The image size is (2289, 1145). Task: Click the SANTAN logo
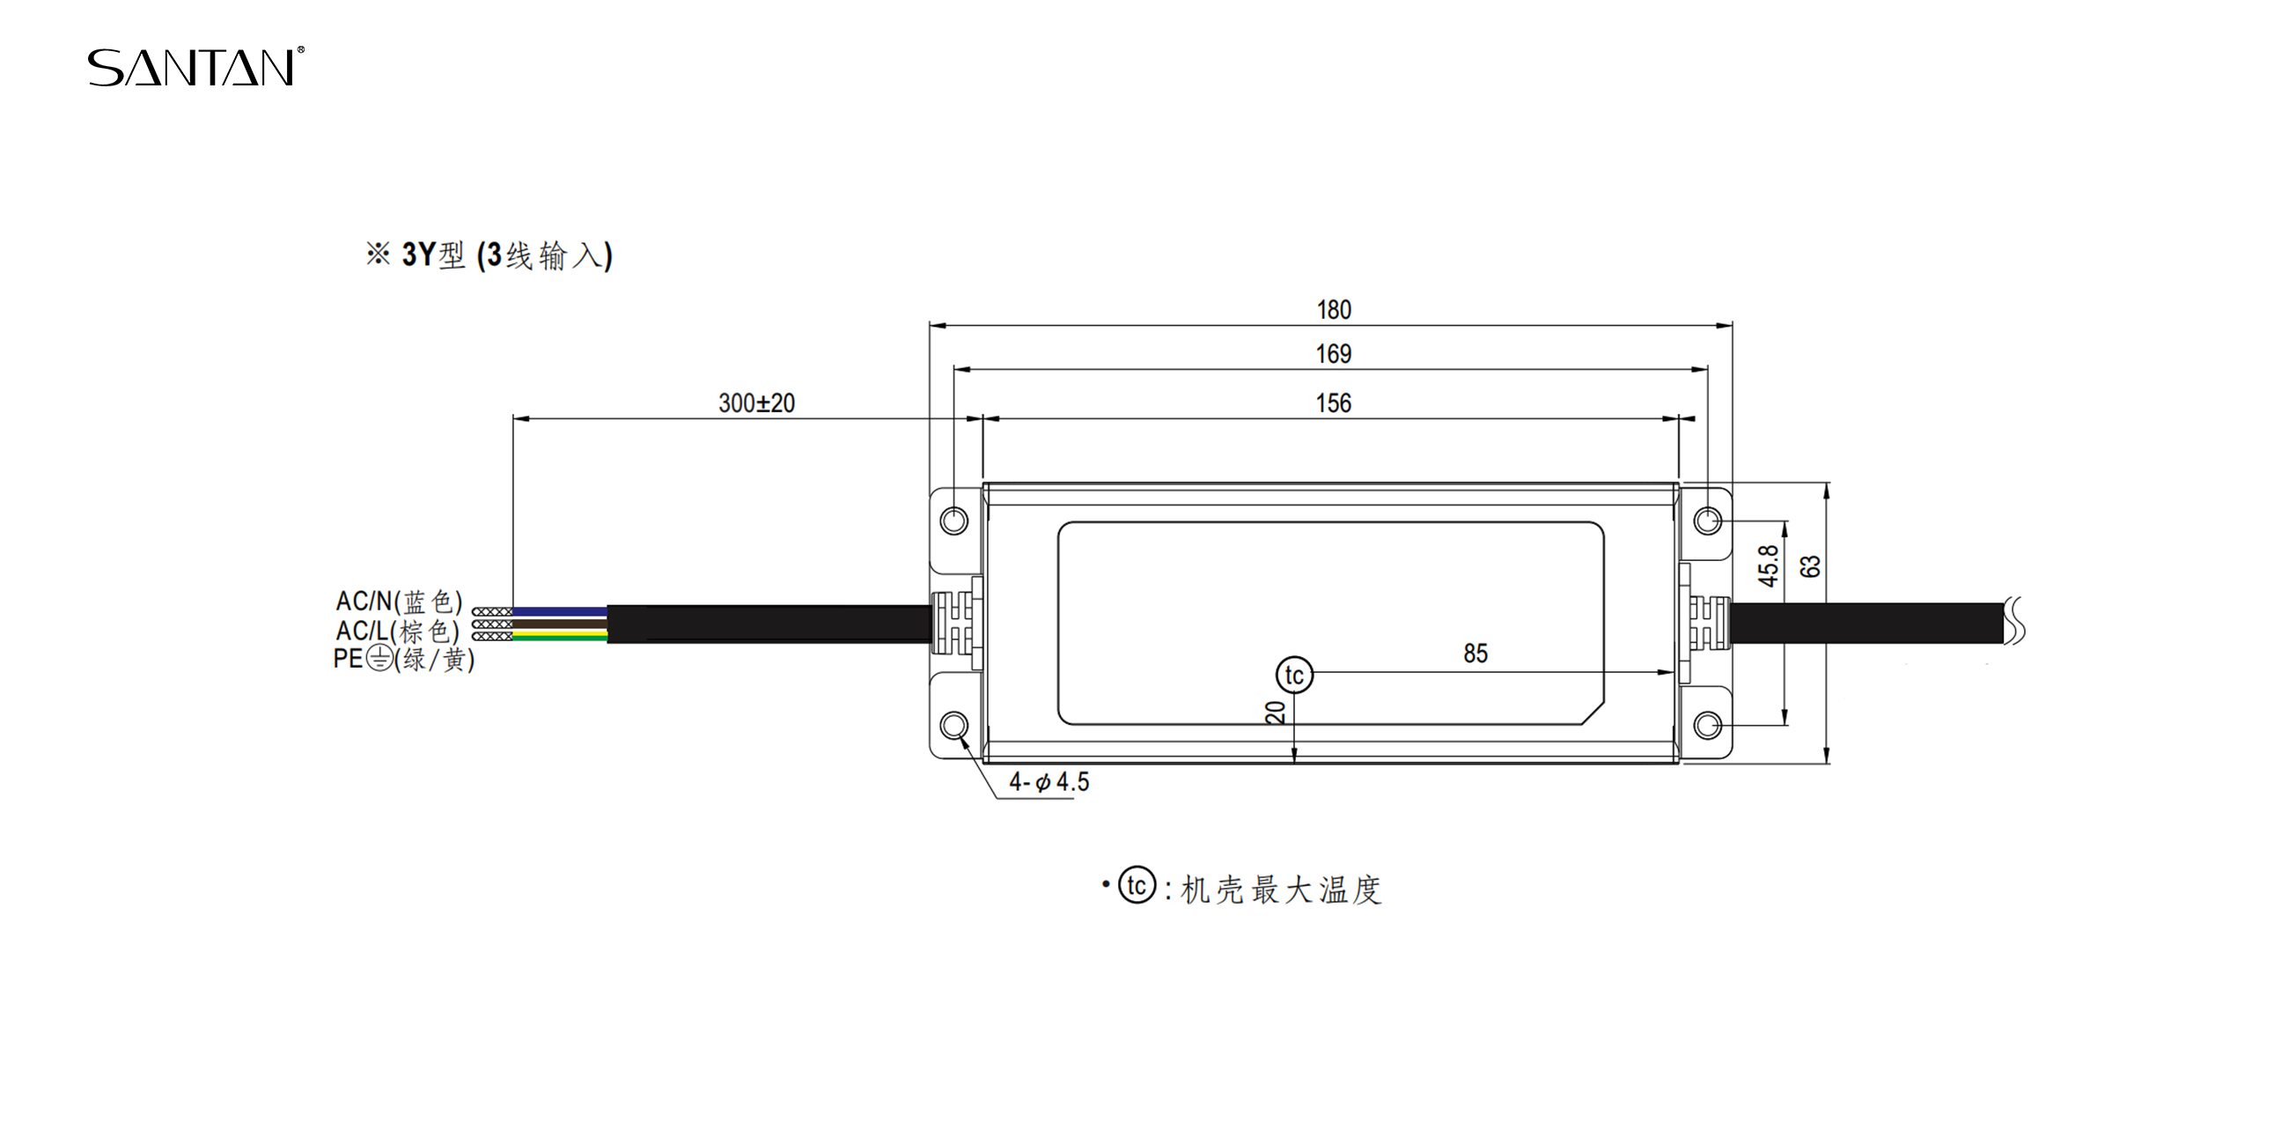click(x=195, y=67)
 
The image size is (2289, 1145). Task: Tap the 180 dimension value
click(x=1334, y=309)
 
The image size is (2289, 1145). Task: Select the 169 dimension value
click(x=1334, y=354)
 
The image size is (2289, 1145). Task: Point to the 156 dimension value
click(x=1334, y=403)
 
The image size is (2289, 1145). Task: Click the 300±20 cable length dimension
click(x=757, y=403)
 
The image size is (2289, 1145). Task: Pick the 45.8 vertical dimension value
click(x=1769, y=566)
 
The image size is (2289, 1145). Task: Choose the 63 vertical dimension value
click(x=1810, y=566)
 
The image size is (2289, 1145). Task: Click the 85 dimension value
click(x=1476, y=654)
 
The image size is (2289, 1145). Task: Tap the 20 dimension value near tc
click(x=1276, y=712)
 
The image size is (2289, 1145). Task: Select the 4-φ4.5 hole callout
click(x=1049, y=782)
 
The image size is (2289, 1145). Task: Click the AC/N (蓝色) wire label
click(x=399, y=602)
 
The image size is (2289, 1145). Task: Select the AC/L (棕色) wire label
click(x=397, y=632)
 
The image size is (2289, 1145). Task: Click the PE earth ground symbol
click(x=379, y=659)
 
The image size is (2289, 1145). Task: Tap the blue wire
click(x=560, y=611)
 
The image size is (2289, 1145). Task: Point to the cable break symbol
click(x=2015, y=619)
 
